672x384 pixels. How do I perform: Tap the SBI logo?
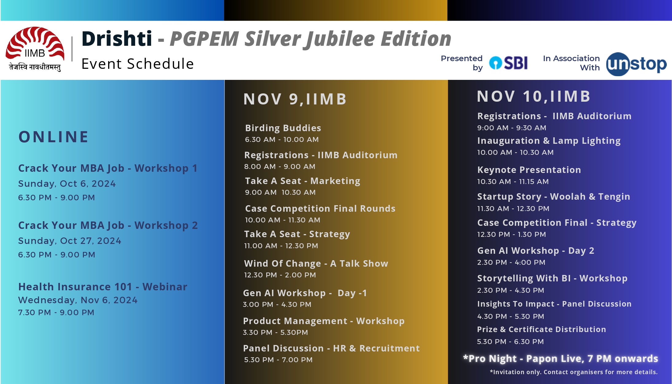point(508,63)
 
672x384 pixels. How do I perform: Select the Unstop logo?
point(636,64)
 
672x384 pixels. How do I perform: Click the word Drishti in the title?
point(117,39)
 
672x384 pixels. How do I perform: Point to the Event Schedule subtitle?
point(138,64)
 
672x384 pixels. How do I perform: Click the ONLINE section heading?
point(54,137)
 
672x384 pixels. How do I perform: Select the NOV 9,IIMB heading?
point(295,99)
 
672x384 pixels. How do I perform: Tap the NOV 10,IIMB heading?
point(534,96)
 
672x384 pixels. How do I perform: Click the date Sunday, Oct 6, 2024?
point(67,184)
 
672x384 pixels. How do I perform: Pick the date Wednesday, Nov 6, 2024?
point(78,300)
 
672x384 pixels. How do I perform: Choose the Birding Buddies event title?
point(283,128)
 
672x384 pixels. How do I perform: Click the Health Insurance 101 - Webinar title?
point(103,287)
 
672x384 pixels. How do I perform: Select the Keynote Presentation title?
point(529,170)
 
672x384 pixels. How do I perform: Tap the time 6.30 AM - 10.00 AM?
point(282,139)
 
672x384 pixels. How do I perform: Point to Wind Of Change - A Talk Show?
point(316,264)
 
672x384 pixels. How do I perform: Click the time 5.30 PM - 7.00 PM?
point(278,360)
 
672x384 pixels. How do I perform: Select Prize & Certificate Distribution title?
point(541,329)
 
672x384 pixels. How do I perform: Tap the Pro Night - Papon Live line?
point(561,359)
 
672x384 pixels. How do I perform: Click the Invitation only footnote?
point(574,372)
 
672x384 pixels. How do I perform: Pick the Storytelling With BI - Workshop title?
point(552,278)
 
